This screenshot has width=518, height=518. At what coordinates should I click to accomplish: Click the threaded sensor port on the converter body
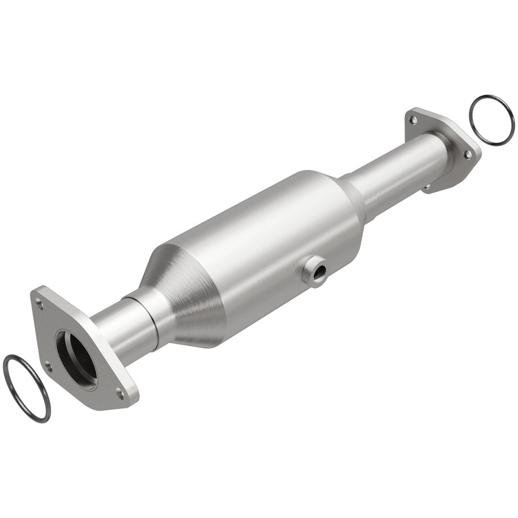tap(315, 271)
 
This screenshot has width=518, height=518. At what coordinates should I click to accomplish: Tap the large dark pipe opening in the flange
tap(77, 357)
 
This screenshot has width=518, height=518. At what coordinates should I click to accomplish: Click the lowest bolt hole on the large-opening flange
tap(120, 394)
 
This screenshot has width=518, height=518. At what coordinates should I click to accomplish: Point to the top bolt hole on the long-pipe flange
tap(413, 119)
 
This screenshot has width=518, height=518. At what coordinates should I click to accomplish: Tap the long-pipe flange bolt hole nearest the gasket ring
tap(468, 154)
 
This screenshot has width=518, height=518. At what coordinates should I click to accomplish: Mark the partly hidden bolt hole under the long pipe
tap(426, 187)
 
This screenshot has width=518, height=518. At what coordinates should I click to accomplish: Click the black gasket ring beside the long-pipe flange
tap(492, 120)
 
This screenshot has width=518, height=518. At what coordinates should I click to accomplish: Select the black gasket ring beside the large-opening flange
tap(26, 388)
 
